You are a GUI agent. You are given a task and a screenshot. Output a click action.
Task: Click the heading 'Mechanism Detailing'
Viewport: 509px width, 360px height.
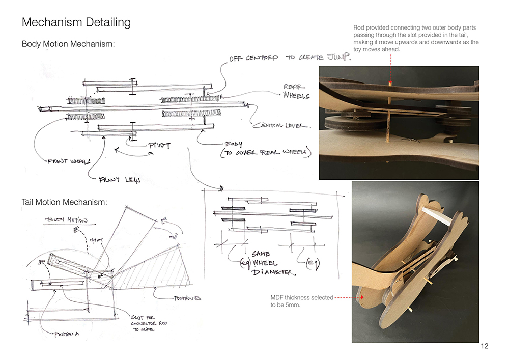point(76,22)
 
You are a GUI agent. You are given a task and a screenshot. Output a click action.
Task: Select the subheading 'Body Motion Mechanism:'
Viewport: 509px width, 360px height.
point(68,44)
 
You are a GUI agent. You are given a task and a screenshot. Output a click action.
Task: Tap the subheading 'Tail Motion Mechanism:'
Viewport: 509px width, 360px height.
point(64,203)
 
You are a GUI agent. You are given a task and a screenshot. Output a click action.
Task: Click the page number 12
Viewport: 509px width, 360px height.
point(484,346)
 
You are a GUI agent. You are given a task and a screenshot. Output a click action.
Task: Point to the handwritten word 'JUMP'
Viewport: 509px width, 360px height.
point(339,58)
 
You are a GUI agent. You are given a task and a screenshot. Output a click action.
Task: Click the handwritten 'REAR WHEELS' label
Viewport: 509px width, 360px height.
point(296,92)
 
